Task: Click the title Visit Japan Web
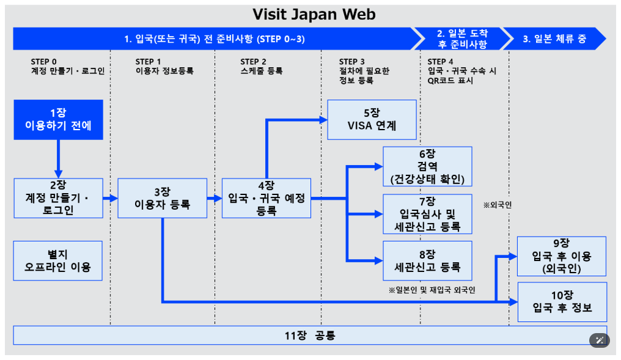(314, 13)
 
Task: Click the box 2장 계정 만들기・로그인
(59, 198)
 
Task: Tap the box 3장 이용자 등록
(162, 198)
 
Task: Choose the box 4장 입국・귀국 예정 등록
(266, 198)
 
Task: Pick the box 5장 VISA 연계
(372, 119)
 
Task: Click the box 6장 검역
(427, 166)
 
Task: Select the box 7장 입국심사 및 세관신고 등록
(427, 214)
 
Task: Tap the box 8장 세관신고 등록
(427, 260)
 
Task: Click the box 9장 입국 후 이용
(562, 256)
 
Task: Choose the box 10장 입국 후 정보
(562, 301)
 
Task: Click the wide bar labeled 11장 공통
(310, 336)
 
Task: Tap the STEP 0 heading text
(44, 61)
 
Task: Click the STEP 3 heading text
(352, 61)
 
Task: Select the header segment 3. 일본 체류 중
(554, 39)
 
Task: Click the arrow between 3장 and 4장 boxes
(214, 198)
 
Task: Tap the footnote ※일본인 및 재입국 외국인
(432, 289)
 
